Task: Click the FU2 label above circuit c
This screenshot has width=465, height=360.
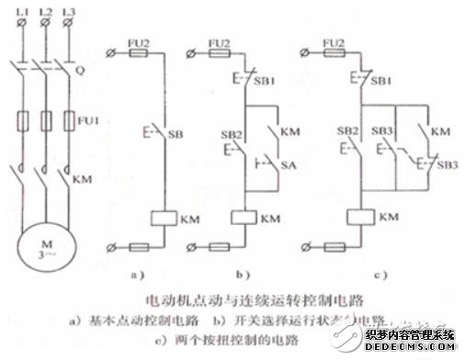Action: (x=335, y=42)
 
